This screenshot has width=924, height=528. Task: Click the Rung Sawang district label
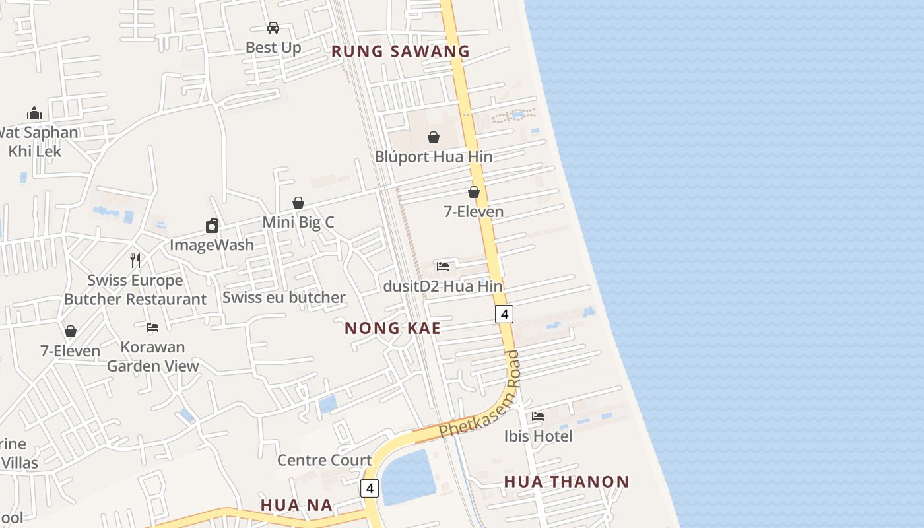point(400,51)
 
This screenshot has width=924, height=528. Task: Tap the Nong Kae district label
point(392,328)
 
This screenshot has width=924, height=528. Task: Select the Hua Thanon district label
point(566,482)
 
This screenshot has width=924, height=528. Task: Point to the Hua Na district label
point(296,505)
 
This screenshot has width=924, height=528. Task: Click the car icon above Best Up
point(273,28)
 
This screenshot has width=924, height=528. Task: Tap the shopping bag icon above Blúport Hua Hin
point(434,137)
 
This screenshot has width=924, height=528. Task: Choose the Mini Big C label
point(298,222)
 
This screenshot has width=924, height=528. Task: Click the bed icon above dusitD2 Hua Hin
point(443,267)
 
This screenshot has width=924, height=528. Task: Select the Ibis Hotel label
point(538,436)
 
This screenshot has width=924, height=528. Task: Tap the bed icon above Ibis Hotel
point(538,416)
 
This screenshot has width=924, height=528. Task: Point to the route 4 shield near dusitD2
point(504,314)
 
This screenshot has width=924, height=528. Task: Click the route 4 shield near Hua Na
point(370,488)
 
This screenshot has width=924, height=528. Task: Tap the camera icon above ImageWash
point(212,226)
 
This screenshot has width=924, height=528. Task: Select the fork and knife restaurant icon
point(135,260)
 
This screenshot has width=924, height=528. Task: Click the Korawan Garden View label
point(152,356)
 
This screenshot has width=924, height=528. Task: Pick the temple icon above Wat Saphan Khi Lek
point(34,113)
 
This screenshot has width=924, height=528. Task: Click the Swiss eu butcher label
point(284,297)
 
